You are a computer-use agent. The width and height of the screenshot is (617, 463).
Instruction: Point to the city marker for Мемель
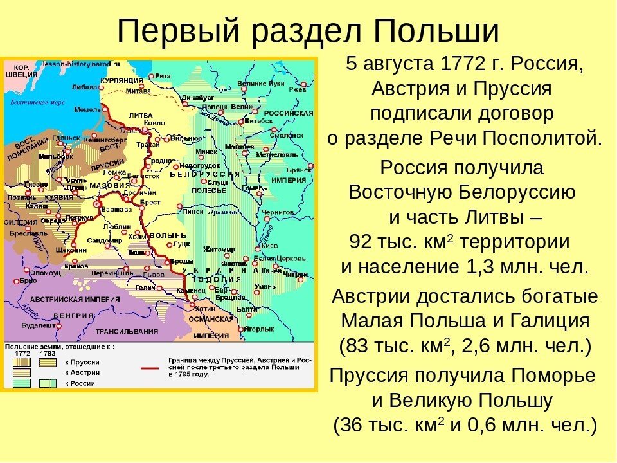105,109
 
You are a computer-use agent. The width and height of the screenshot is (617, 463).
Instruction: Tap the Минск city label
206,152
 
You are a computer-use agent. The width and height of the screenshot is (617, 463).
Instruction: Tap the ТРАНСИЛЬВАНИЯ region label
126,331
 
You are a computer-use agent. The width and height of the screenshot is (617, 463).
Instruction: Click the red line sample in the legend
150,368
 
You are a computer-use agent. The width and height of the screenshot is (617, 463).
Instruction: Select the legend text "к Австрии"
82,372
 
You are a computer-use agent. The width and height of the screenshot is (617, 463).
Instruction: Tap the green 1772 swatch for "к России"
21,383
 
